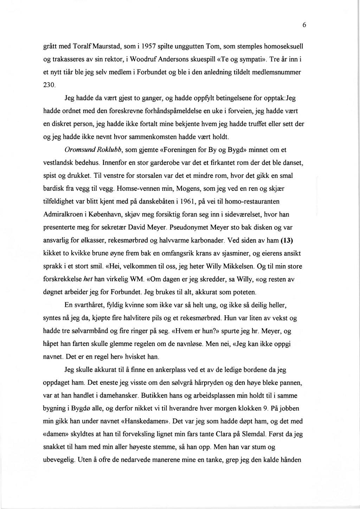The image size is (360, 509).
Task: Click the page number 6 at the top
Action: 304,25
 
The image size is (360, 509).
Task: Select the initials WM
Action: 136,280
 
